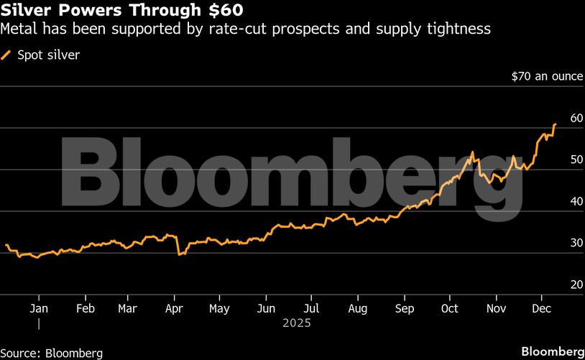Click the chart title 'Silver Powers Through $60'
[121, 11]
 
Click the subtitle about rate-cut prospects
[247, 29]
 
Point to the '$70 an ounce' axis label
[546, 75]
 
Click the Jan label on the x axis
[39, 308]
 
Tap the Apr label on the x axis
[174, 308]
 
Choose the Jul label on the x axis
[310, 308]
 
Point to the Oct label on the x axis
[449, 308]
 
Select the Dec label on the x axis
[541, 308]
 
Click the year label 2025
[296, 324]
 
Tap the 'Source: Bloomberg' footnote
[52, 353]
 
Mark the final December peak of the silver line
[555, 124]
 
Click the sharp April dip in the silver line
[178, 254]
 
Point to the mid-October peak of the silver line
[471, 152]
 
